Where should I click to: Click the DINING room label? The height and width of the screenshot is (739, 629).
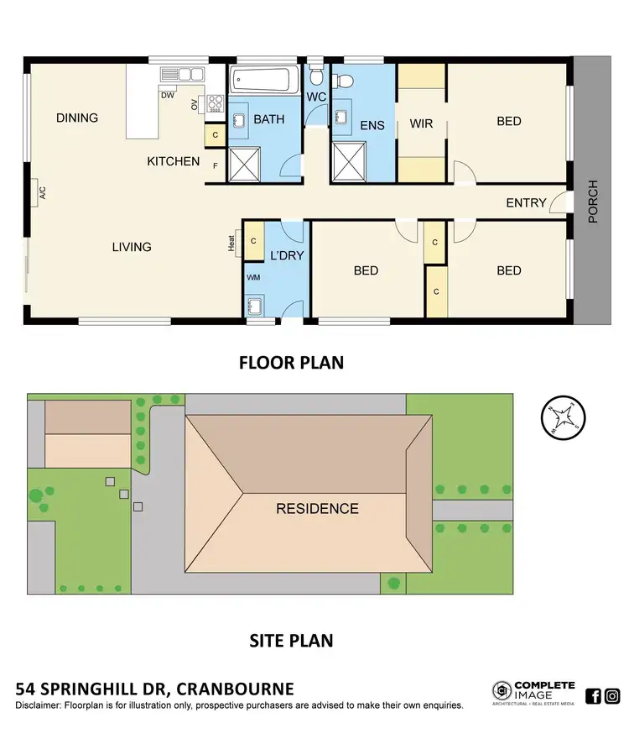point(77,118)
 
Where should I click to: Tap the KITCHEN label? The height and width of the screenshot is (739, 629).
point(174,161)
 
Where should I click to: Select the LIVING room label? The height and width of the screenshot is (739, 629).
point(132,247)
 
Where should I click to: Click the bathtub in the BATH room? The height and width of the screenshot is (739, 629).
point(263,81)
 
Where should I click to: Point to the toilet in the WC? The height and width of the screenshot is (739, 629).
point(316,77)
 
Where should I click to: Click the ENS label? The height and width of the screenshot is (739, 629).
point(372,126)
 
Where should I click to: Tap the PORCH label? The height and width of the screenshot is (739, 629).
point(593,202)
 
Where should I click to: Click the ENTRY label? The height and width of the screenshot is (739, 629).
point(526,203)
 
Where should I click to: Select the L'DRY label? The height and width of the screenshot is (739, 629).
point(286,255)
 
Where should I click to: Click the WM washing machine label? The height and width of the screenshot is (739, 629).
point(253,277)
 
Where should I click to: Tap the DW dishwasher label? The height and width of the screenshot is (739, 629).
point(168,95)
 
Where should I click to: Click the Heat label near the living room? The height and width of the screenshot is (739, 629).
point(231,242)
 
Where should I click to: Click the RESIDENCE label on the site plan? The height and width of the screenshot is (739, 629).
point(318,509)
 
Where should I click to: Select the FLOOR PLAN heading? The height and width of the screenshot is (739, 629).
point(291,363)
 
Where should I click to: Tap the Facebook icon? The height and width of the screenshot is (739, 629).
point(593,695)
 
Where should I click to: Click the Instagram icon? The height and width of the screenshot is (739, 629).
point(612,695)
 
